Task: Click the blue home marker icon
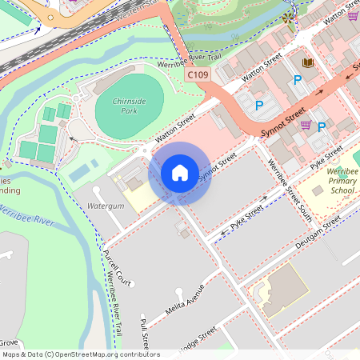[180, 173]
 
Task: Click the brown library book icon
[307, 62]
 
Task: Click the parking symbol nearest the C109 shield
[259, 105]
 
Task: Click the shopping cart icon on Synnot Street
[306, 124]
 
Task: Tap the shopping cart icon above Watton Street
[353, 14]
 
